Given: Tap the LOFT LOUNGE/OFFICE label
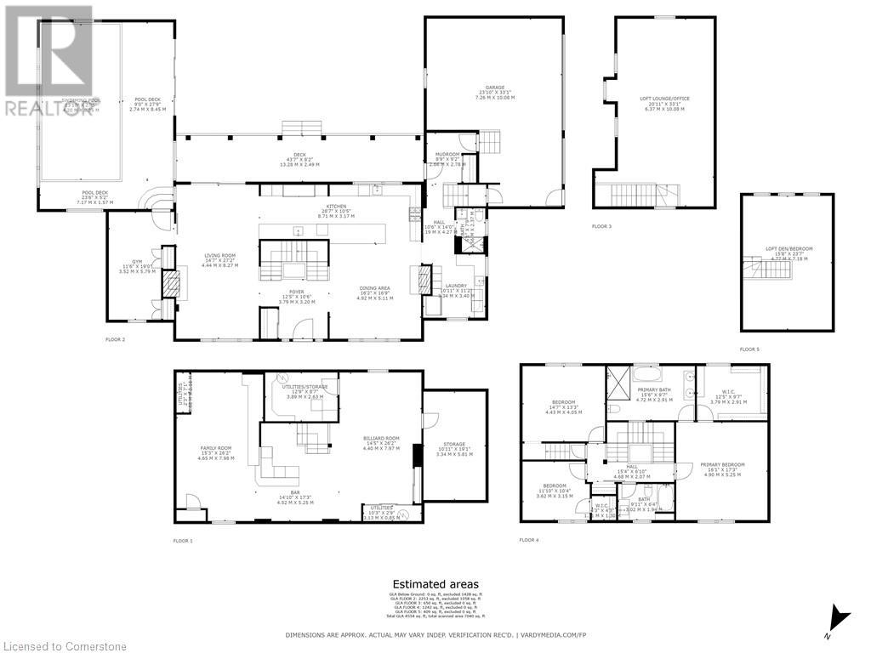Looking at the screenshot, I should [x=664, y=99].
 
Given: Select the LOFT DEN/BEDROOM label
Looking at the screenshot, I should [x=788, y=249].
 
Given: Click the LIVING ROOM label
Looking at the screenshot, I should [x=219, y=254].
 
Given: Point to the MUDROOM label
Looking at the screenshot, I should [x=448, y=155].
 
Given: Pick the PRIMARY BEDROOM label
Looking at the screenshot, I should [x=722, y=465].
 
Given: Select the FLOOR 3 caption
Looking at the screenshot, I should [x=602, y=226].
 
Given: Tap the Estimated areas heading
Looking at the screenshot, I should [x=435, y=584].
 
